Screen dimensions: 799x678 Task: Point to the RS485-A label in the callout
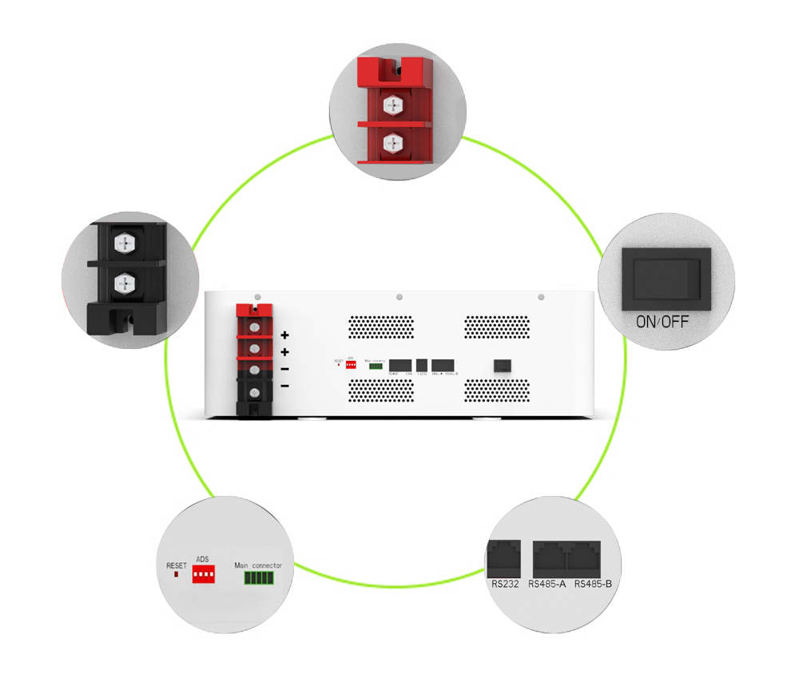coord(547,585)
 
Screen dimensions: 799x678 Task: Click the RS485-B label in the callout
coord(593,585)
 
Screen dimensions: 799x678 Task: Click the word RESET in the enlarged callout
coord(176,566)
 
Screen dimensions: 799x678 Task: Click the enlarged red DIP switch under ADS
coord(204,575)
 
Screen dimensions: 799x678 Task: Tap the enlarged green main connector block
coord(258,577)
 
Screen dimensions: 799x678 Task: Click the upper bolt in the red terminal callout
coord(392,104)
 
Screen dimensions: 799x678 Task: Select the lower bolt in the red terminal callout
coord(392,143)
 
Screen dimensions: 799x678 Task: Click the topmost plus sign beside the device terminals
coord(284,335)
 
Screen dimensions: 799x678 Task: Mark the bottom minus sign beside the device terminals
coord(284,387)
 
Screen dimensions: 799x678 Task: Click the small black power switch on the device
coord(502,365)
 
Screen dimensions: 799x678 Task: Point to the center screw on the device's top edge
coord(399,297)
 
